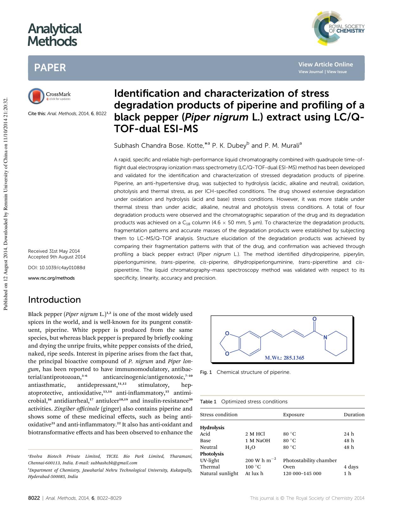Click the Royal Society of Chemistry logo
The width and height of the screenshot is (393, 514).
(x=338, y=28)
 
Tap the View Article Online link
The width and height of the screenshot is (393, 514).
(x=325, y=64)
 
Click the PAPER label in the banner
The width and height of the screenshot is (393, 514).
(x=50, y=67)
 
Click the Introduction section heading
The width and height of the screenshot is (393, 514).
(x=54, y=300)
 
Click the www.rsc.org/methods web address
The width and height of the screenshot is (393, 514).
(x=51, y=278)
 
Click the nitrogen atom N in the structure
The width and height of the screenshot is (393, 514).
(x=325, y=338)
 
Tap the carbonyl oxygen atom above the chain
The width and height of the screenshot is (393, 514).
(x=314, y=319)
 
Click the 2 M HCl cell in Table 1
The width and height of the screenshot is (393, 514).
(x=255, y=434)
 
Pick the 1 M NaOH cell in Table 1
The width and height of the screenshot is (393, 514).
(x=257, y=441)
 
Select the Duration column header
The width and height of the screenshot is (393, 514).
(x=354, y=415)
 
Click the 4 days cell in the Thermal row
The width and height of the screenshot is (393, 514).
(x=351, y=467)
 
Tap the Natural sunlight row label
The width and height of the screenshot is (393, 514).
(x=219, y=474)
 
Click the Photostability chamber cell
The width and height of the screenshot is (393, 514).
(x=310, y=461)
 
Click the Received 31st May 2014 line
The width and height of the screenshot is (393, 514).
(x=54, y=251)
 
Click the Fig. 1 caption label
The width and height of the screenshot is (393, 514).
(x=206, y=372)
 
